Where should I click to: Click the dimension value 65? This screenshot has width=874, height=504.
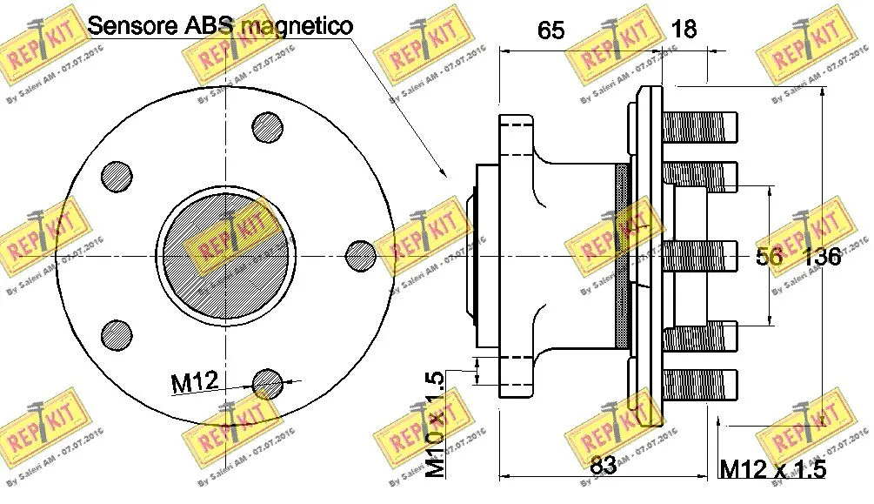click(x=550, y=30)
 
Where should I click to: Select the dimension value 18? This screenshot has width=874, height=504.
click(x=684, y=29)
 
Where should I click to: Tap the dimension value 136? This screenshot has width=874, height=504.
click(x=822, y=257)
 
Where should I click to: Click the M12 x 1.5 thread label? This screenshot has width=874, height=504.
click(x=772, y=470)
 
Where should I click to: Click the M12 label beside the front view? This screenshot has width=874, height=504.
click(x=193, y=380)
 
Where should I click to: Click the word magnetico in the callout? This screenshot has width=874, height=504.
click(x=297, y=25)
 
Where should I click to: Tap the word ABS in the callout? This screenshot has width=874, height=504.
click(x=209, y=25)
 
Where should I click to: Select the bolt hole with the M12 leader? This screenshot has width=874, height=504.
click(x=267, y=380)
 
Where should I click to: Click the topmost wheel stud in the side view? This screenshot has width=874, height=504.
click(x=699, y=129)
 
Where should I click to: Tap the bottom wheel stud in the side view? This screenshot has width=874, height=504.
click(x=699, y=384)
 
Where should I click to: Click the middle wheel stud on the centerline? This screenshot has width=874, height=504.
click(x=699, y=255)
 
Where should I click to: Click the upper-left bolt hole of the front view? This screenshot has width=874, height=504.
click(x=117, y=177)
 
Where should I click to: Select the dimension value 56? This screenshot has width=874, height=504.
click(x=767, y=256)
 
